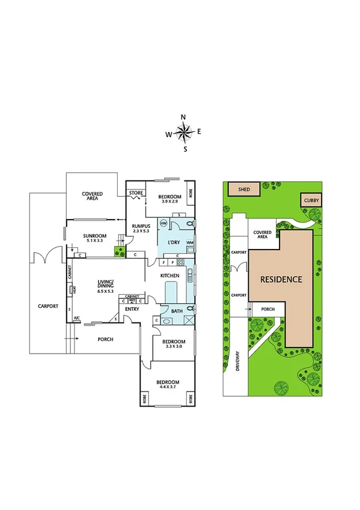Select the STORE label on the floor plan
point(135,194)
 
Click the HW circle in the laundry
point(163,223)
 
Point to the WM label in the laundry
point(190,242)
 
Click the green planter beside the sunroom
point(118,248)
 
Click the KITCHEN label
point(169,275)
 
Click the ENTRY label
point(132,309)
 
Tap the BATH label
point(176,311)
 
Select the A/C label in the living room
point(76,318)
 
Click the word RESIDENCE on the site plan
point(281,280)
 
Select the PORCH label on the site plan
point(267,309)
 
